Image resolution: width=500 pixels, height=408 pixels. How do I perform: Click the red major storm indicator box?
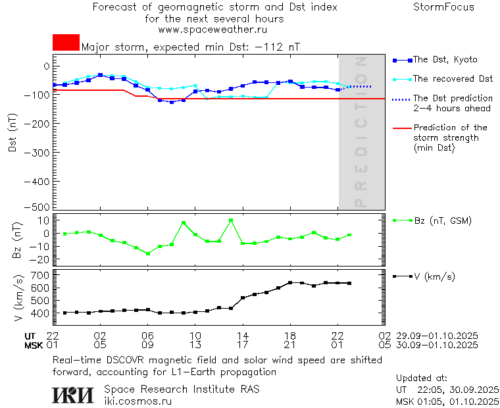(66, 42)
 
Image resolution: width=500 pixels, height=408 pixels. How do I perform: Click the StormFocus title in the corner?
(443, 7)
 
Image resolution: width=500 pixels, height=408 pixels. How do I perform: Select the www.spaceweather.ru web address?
(213, 30)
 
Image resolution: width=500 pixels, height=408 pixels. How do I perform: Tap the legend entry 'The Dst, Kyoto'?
(445, 60)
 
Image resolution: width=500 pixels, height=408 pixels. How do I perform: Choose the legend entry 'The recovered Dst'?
(453, 79)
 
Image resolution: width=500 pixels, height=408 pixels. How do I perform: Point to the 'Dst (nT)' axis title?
(13, 136)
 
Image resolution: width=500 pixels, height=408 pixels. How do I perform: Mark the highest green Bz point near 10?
(231, 220)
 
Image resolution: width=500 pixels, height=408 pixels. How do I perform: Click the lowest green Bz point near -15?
(148, 253)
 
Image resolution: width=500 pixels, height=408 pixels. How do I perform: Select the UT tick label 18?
(290, 336)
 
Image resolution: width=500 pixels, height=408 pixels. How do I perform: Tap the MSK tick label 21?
(290, 345)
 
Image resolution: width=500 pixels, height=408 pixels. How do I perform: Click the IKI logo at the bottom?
(73, 395)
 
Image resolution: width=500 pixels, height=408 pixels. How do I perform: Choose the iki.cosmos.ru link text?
(137, 401)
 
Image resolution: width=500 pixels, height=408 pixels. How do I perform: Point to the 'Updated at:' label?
(421, 378)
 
